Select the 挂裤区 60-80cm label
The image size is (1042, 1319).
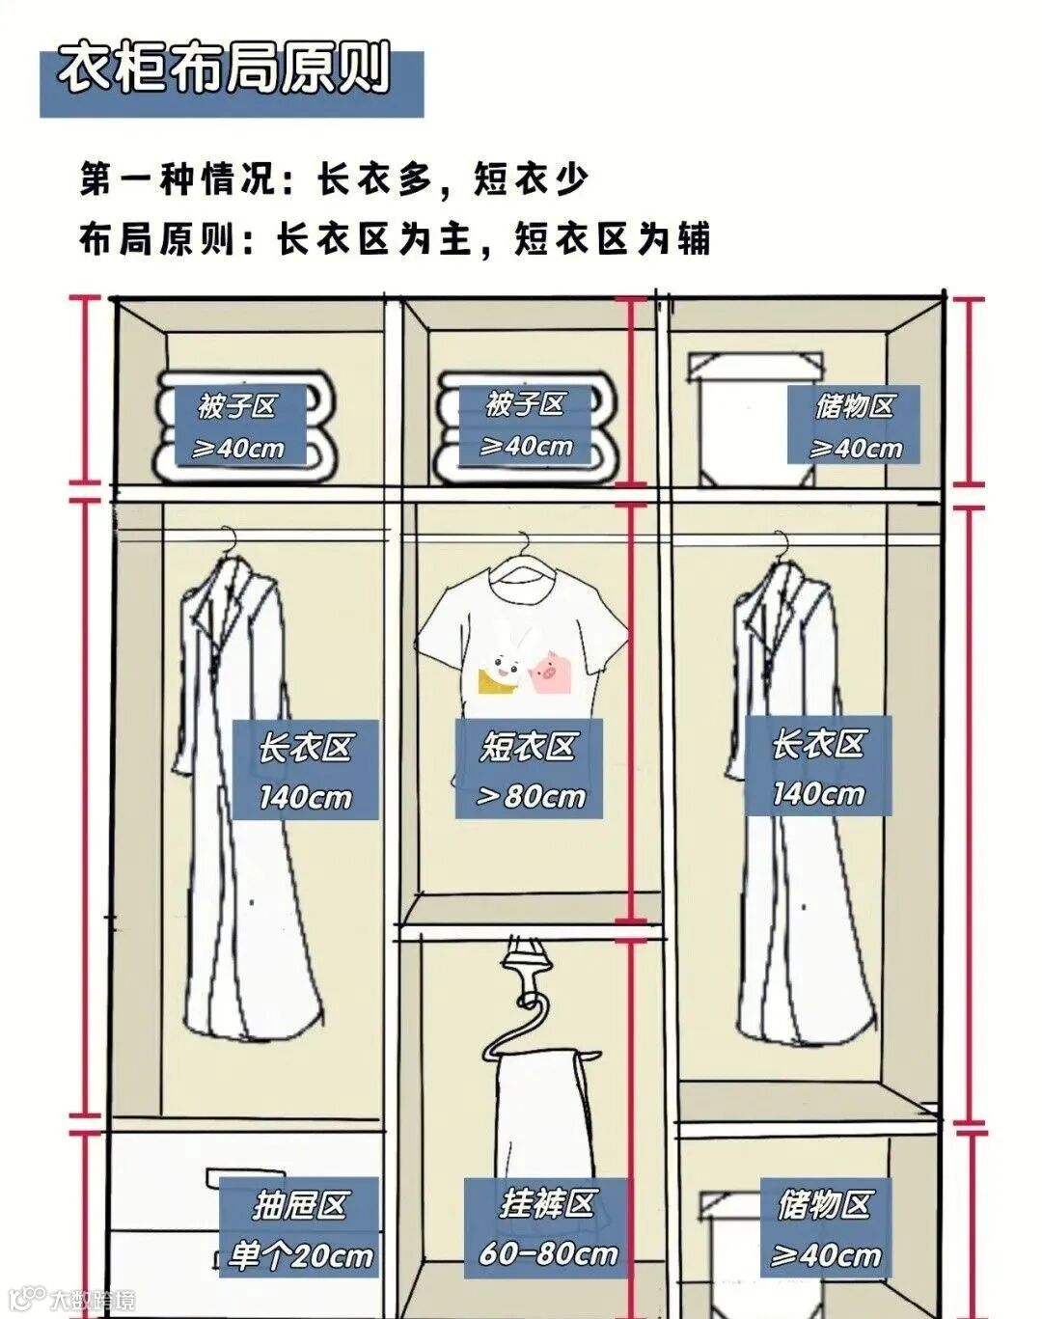(547, 1227)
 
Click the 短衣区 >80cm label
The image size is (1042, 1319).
(530, 769)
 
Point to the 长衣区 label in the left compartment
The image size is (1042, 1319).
(305, 770)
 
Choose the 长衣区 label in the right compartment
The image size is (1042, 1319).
(817, 767)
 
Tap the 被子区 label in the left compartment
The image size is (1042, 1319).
(237, 426)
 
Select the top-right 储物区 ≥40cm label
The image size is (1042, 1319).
(854, 426)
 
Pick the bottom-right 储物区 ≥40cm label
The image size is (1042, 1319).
(825, 1228)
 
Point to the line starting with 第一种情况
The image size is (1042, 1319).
(334, 179)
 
